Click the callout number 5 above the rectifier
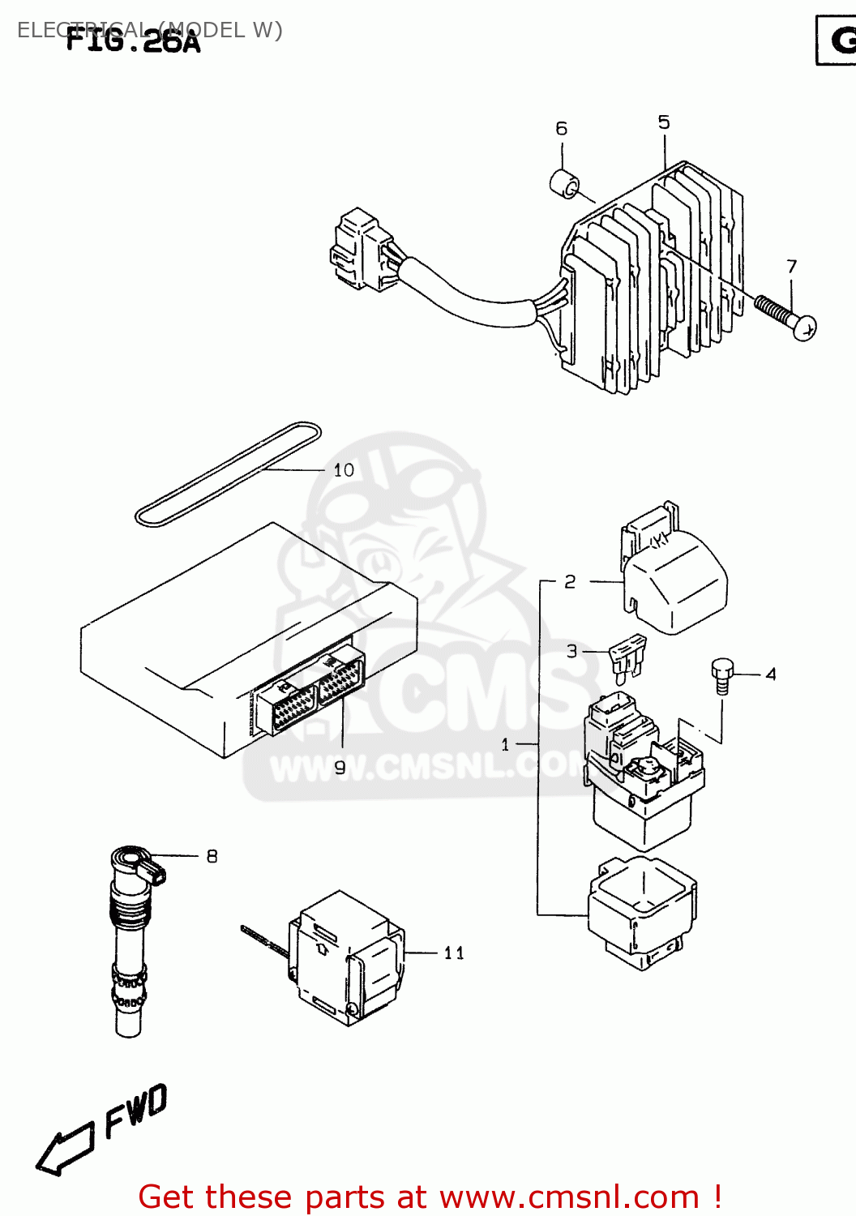click(664, 122)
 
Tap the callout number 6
click(561, 129)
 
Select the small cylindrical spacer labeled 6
click(565, 185)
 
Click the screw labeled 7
click(785, 317)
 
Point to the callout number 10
click(344, 470)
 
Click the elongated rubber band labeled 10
click(227, 474)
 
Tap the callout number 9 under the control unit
click(340, 766)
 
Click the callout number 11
click(454, 953)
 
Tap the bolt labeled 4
click(721, 675)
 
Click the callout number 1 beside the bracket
click(505, 744)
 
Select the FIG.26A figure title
click(133, 41)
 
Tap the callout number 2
click(570, 582)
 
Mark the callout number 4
click(770, 674)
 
